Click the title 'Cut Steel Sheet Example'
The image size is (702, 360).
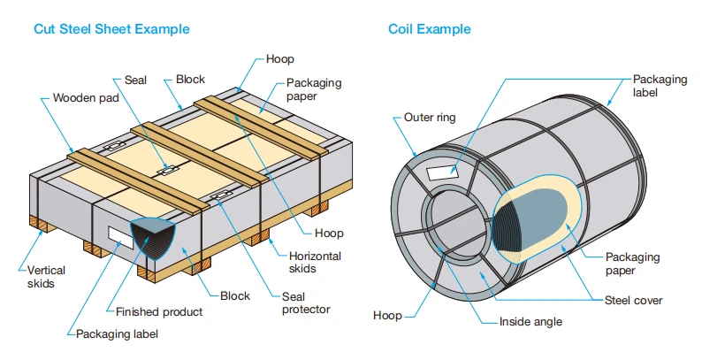(111, 29)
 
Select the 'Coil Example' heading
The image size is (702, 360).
(430, 29)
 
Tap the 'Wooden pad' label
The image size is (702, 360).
(86, 97)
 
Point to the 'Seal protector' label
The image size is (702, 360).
(306, 303)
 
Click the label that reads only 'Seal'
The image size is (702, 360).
(135, 80)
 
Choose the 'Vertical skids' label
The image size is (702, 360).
(46, 277)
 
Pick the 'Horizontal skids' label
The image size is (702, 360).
(315, 262)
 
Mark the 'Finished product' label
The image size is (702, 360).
(159, 311)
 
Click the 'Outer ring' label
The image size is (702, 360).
(430, 118)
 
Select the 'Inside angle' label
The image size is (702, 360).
(530, 321)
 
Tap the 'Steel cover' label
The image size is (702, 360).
(633, 300)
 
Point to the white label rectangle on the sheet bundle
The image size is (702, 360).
(120, 237)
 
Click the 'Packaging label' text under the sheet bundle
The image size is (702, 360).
(117, 334)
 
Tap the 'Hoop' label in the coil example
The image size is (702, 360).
(388, 316)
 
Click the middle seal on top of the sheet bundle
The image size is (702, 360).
(167, 170)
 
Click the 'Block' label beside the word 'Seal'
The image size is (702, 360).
(190, 80)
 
